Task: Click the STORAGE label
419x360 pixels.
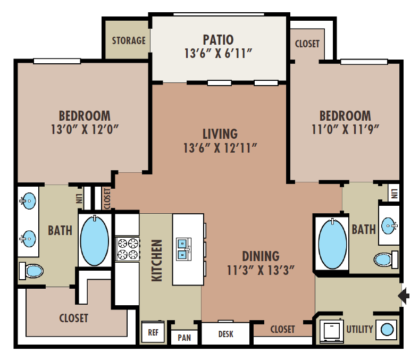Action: (x=129, y=40)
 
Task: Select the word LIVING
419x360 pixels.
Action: (x=220, y=133)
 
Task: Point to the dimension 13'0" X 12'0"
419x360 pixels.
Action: (x=85, y=129)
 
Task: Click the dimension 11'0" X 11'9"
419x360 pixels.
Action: (x=345, y=129)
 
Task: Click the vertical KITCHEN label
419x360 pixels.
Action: (x=157, y=260)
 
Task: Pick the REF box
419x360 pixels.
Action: (x=153, y=332)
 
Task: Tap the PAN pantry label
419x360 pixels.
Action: (x=184, y=337)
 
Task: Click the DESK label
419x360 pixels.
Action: (x=226, y=334)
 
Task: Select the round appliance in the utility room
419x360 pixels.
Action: (x=387, y=329)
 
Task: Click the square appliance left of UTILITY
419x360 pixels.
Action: (x=331, y=330)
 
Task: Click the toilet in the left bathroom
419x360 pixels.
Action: (x=31, y=271)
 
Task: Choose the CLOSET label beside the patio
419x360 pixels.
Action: (x=307, y=44)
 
